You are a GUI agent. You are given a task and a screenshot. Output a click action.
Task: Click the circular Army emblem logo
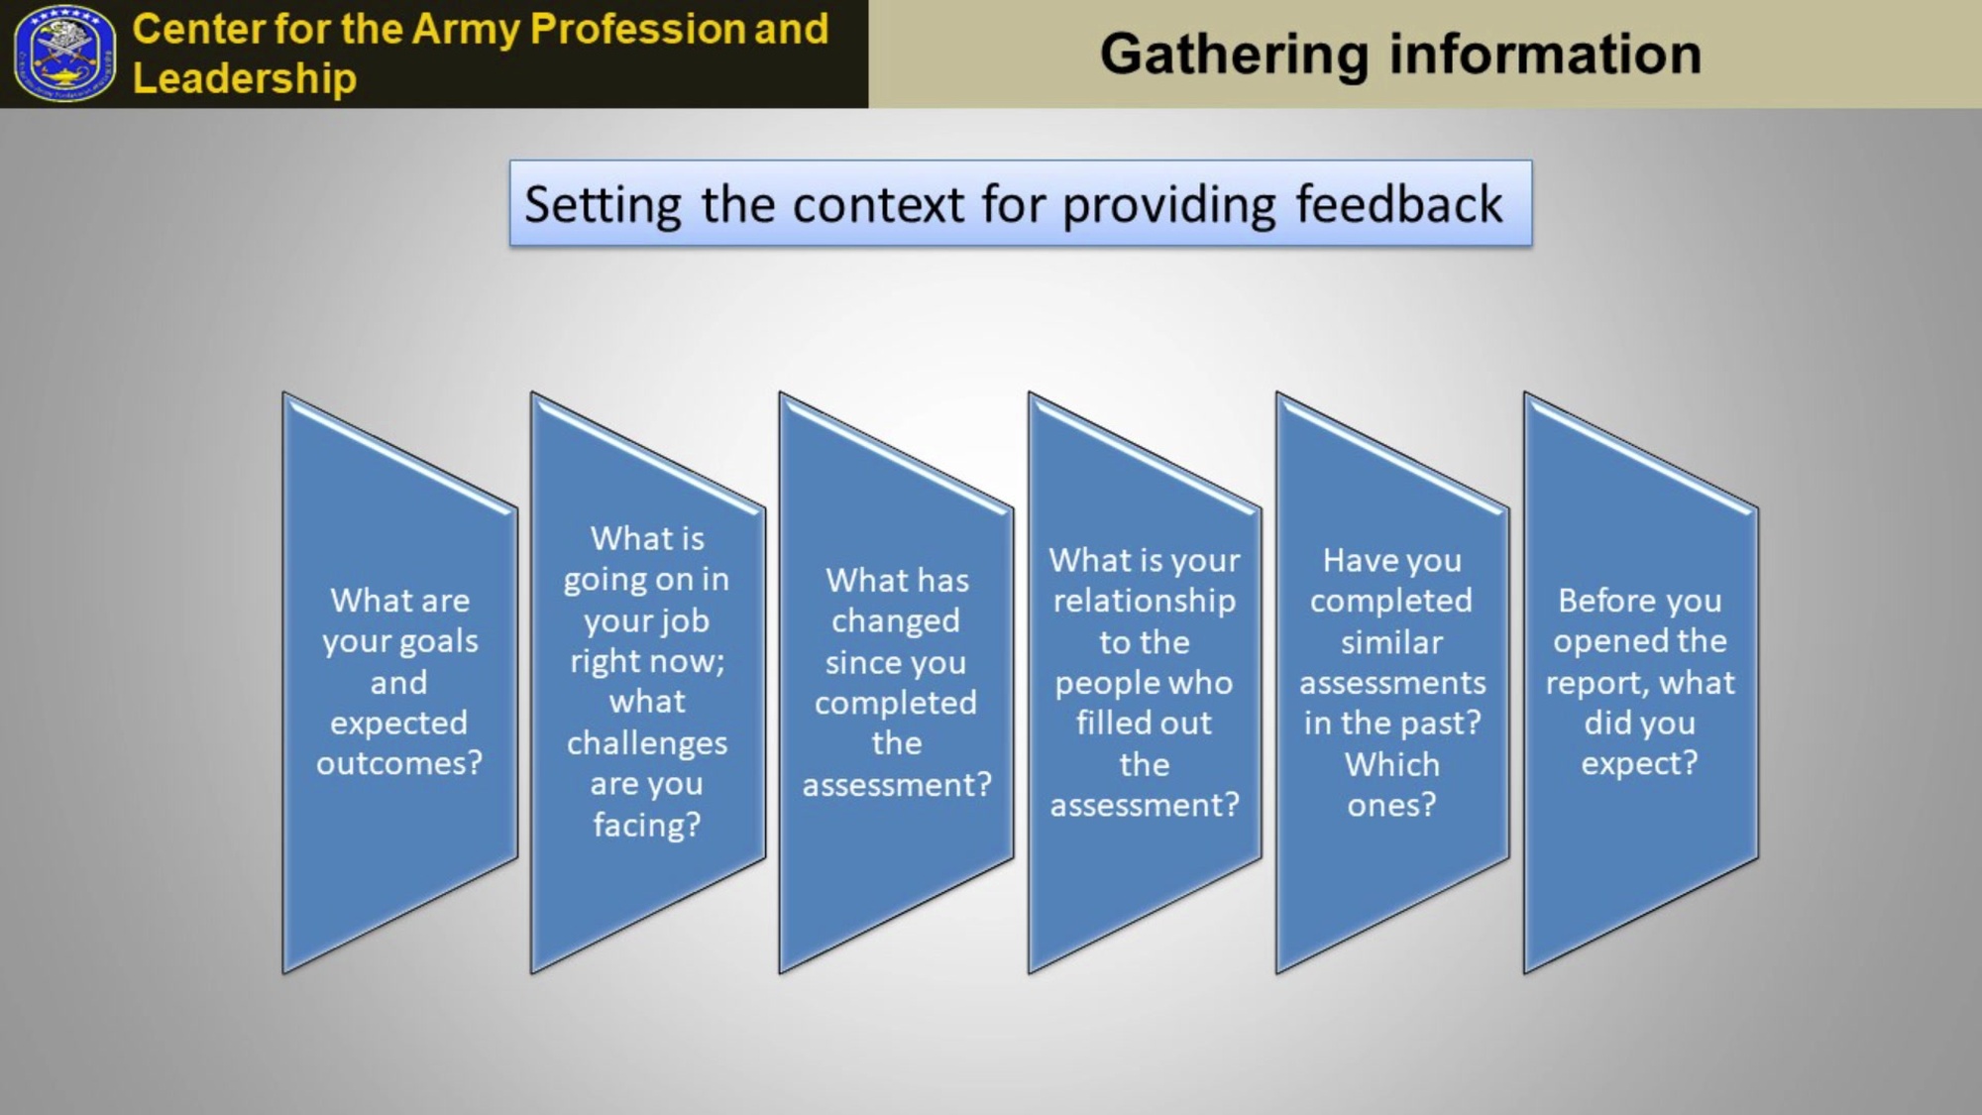click(64, 54)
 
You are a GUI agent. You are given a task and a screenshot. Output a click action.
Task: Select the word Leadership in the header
click(245, 79)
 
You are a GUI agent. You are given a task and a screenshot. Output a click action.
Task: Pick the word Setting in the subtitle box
click(603, 206)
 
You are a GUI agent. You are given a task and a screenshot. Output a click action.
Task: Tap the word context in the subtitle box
click(878, 206)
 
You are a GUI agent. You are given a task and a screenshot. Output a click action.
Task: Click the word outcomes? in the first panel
click(399, 763)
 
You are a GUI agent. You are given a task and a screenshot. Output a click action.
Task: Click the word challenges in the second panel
click(647, 743)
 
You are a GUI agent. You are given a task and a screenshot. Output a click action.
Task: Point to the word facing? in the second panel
click(647, 825)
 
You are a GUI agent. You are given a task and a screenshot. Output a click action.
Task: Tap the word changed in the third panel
click(896, 622)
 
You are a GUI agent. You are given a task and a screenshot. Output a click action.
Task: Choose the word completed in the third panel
click(896, 704)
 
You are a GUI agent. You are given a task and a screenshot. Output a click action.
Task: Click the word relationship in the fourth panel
click(1145, 602)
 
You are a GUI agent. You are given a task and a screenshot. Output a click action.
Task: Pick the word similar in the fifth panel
click(1392, 642)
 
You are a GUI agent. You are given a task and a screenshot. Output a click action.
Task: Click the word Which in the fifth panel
click(1392, 764)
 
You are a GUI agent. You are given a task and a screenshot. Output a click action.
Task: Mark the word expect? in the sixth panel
click(1640, 764)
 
